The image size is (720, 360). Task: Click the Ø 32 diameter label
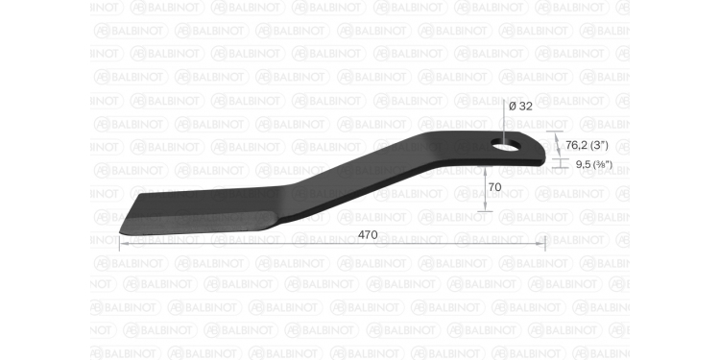pyautogui.click(x=520, y=107)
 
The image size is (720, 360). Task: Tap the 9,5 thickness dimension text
pyautogui.click(x=583, y=164)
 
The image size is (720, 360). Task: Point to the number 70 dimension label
pyautogui.click(x=494, y=187)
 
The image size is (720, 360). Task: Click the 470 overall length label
pyautogui.click(x=368, y=235)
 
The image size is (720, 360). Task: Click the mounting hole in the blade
pyautogui.click(x=506, y=145)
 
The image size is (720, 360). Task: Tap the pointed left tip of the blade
pyautogui.click(x=120, y=233)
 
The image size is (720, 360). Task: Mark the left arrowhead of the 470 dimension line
pyautogui.click(x=123, y=244)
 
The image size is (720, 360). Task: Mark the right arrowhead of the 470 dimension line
pyautogui.click(x=541, y=244)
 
